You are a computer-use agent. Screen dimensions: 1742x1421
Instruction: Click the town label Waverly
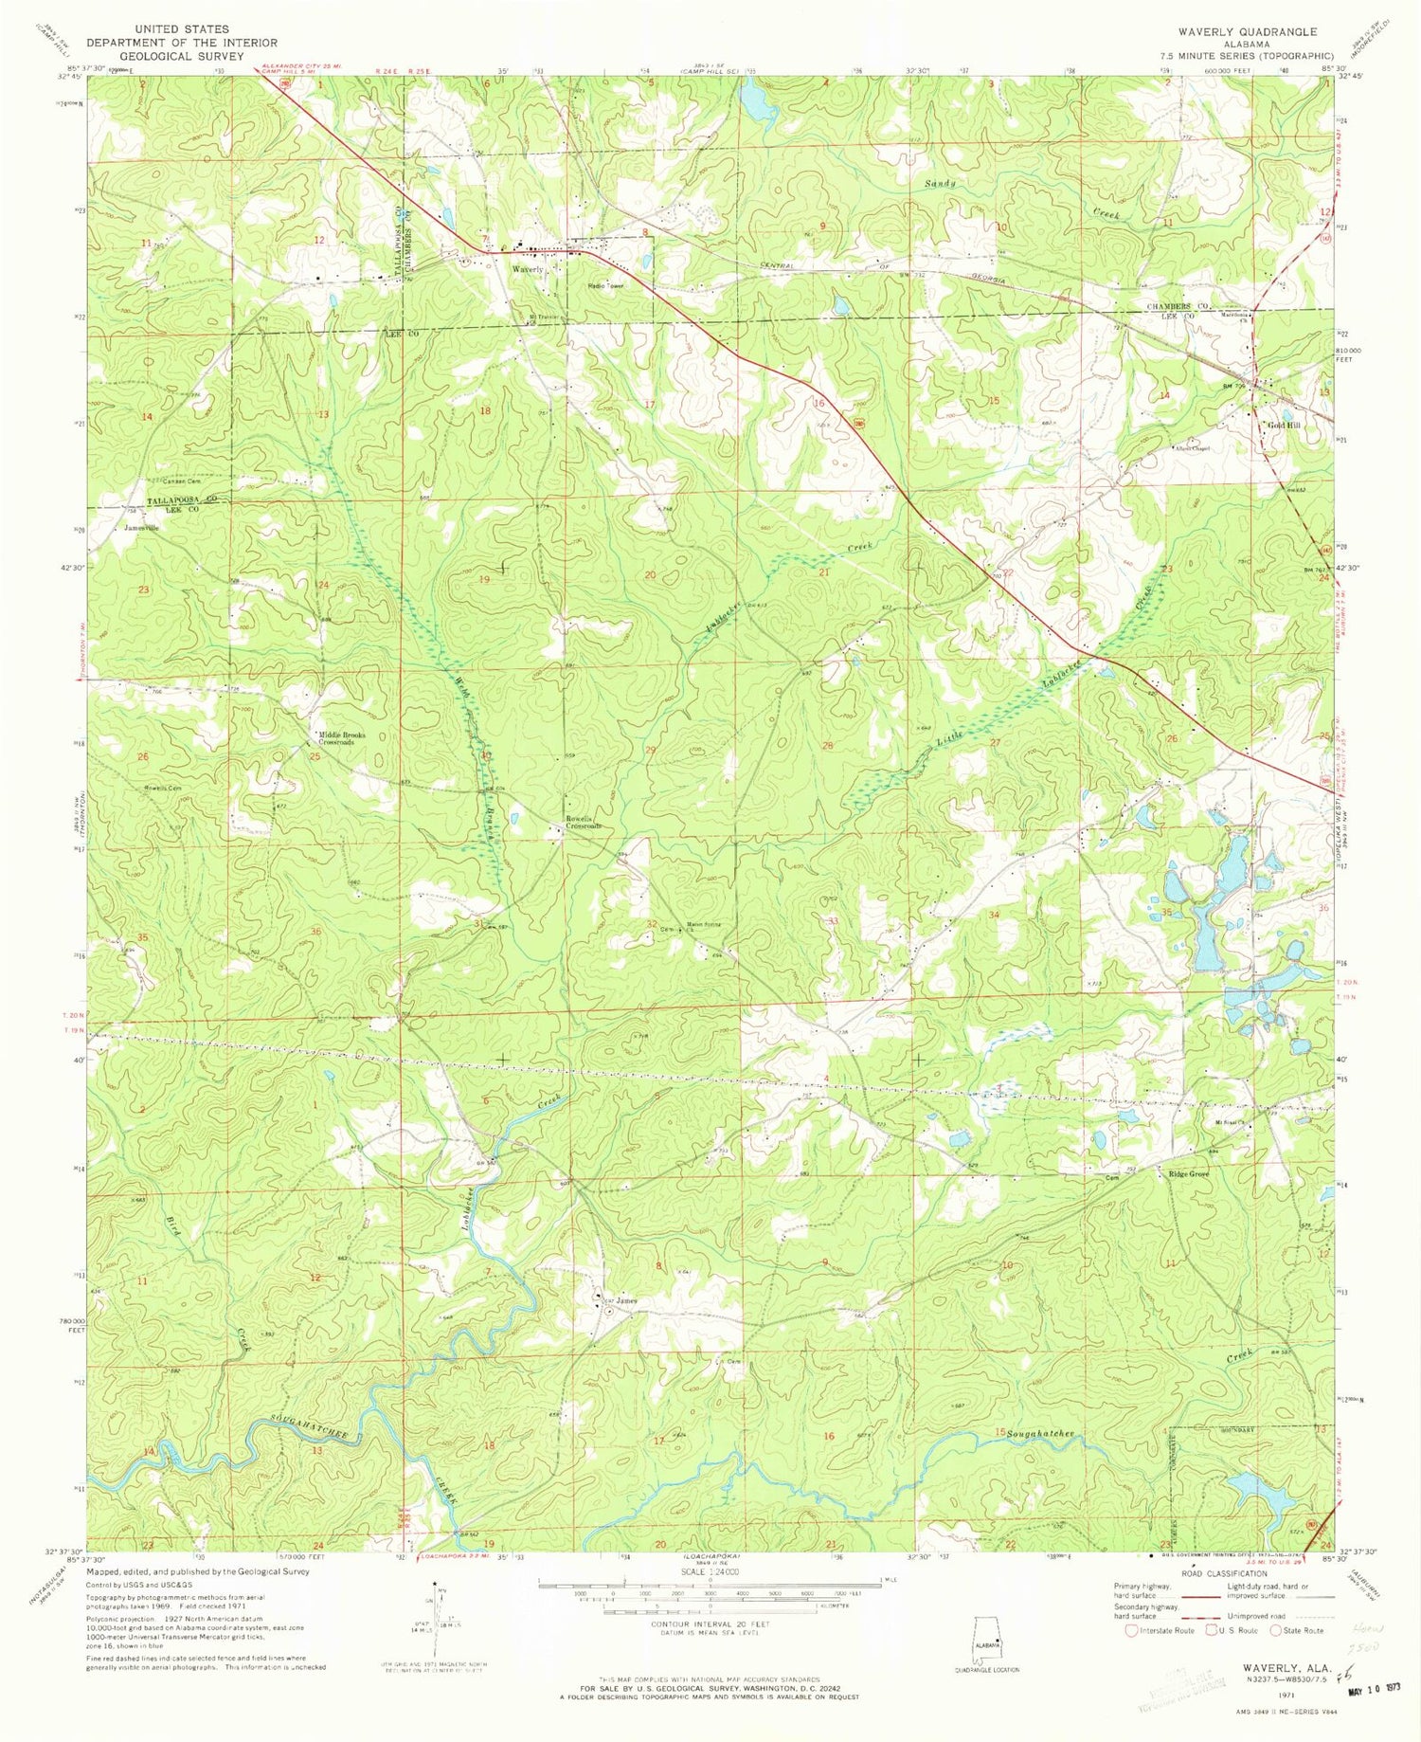528,270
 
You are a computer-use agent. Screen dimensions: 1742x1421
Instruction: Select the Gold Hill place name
1285,426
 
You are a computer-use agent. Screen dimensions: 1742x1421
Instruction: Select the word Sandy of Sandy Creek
941,183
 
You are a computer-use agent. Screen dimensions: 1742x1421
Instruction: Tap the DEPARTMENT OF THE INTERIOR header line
182,43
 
